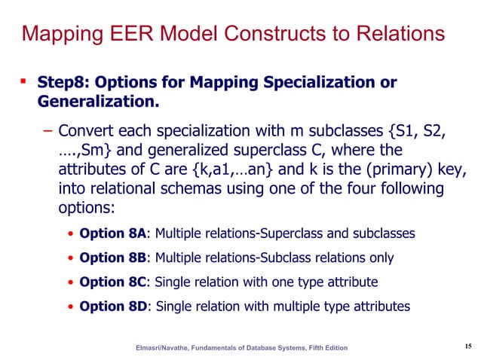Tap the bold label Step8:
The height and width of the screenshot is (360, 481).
63,82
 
